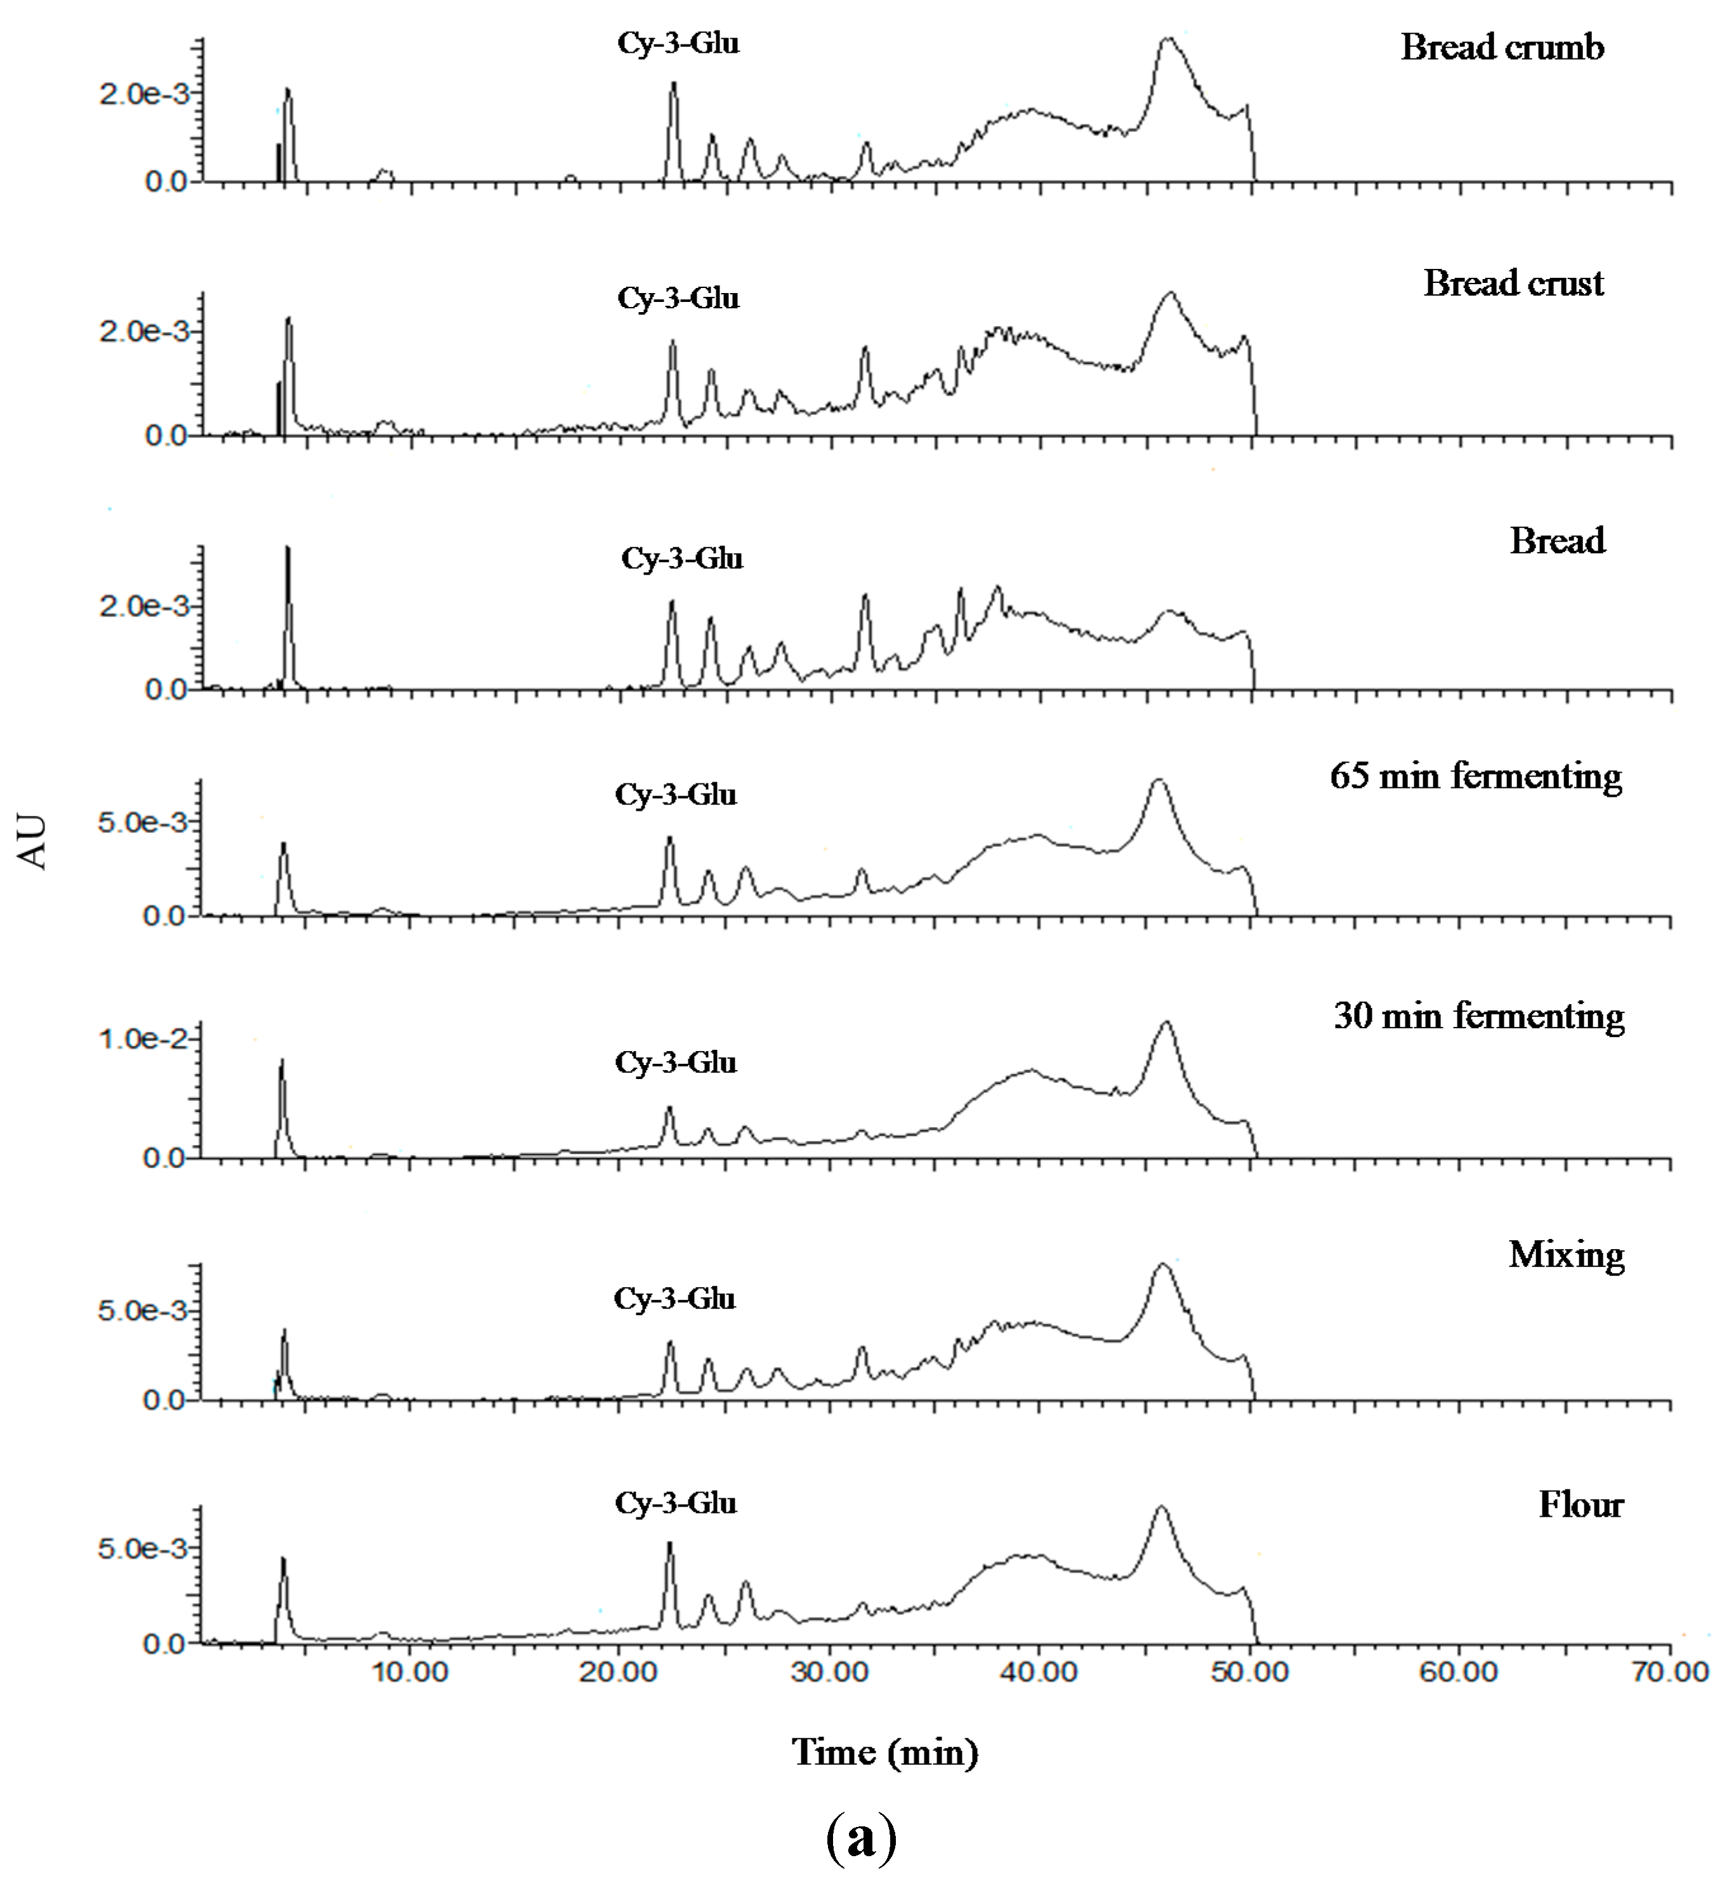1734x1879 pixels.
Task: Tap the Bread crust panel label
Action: [1513, 284]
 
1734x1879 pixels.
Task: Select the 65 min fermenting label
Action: [1475, 776]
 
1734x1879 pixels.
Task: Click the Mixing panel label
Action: [1566, 1255]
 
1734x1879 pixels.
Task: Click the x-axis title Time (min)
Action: [885, 1752]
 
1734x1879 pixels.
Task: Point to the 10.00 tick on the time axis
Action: [410, 1672]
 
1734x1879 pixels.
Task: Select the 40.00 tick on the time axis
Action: [1039, 1672]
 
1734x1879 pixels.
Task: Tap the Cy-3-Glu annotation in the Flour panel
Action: [676, 1503]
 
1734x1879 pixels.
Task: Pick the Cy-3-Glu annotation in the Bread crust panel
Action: [678, 298]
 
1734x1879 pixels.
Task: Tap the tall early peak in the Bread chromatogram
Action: [287, 548]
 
